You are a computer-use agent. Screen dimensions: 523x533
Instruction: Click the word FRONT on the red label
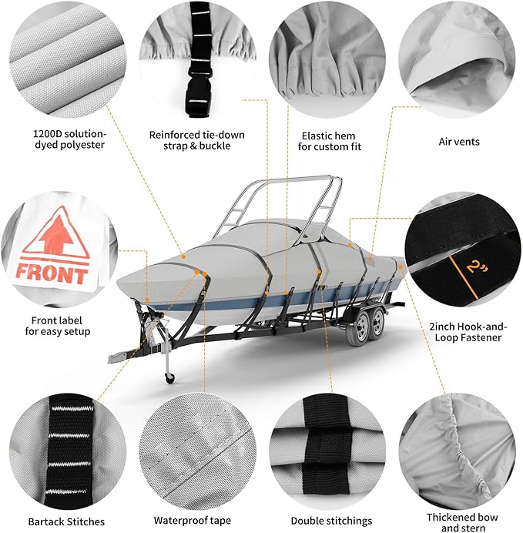[x=52, y=273]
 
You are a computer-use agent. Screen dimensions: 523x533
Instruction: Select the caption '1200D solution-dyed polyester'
[x=69, y=139]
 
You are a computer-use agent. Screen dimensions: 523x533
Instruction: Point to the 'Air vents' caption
[x=459, y=142]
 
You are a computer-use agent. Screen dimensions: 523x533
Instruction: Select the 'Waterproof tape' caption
[x=192, y=521]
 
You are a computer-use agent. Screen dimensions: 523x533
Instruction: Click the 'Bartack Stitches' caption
[x=66, y=521]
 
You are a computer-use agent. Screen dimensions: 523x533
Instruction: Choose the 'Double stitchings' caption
[x=331, y=521]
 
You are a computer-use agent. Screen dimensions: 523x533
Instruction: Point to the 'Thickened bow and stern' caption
[x=462, y=522]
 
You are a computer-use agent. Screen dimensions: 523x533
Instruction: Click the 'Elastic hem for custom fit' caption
[x=330, y=142]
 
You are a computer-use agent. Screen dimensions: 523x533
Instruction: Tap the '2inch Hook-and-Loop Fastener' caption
[x=468, y=332]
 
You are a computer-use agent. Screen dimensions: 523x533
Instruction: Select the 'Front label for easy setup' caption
[x=58, y=326]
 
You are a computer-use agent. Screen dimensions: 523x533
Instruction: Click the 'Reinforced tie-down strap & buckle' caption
[x=196, y=140]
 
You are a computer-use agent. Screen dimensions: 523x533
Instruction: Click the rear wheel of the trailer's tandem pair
[x=377, y=323]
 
